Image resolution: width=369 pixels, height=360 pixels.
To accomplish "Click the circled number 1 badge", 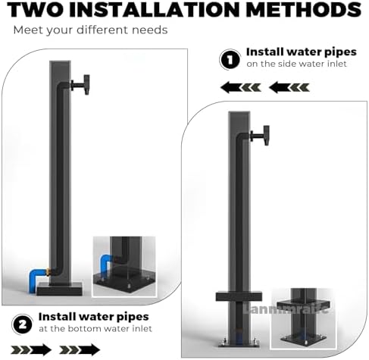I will click(229, 59).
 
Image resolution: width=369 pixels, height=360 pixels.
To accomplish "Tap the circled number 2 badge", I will click(22, 324).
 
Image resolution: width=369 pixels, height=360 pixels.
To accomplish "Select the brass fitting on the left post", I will click(48, 270).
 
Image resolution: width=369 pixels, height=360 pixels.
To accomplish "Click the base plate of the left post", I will click(60, 288).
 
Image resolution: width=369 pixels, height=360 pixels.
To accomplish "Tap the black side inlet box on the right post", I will click(239, 296).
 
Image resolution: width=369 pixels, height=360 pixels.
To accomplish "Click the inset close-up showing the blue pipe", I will click(124, 266).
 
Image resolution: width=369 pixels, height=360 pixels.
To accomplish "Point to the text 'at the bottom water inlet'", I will click(95, 328).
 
